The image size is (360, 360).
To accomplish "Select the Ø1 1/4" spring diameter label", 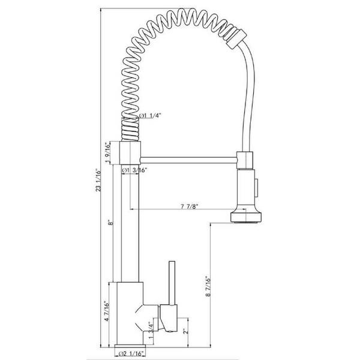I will click(149, 116).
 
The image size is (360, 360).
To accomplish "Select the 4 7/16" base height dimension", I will click(107, 313).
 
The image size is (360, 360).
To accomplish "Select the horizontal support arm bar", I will click(188, 158).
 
